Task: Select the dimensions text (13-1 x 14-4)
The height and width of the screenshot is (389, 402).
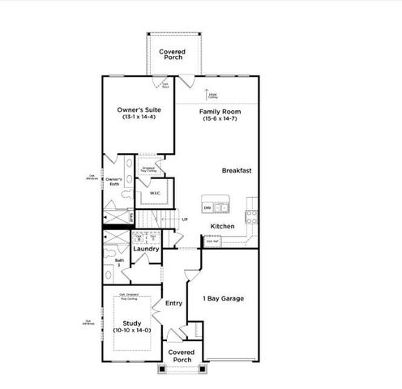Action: point(136,118)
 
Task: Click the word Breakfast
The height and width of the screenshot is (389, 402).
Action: point(238,170)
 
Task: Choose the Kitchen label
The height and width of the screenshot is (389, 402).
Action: point(223,226)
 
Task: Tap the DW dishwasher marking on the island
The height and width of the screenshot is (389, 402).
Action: point(207,208)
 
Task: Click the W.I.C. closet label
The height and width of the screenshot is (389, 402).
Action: point(156,194)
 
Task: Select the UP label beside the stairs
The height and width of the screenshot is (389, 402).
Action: point(185,220)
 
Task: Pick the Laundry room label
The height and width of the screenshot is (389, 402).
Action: point(146,249)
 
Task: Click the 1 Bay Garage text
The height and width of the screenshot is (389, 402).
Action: point(223,298)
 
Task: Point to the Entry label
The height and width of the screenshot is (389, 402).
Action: point(173,303)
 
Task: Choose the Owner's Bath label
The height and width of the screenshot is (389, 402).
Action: point(113,182)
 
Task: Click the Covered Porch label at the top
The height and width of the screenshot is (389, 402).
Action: point(172,55)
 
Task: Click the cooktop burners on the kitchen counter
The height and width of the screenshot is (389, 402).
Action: point(250,216)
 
